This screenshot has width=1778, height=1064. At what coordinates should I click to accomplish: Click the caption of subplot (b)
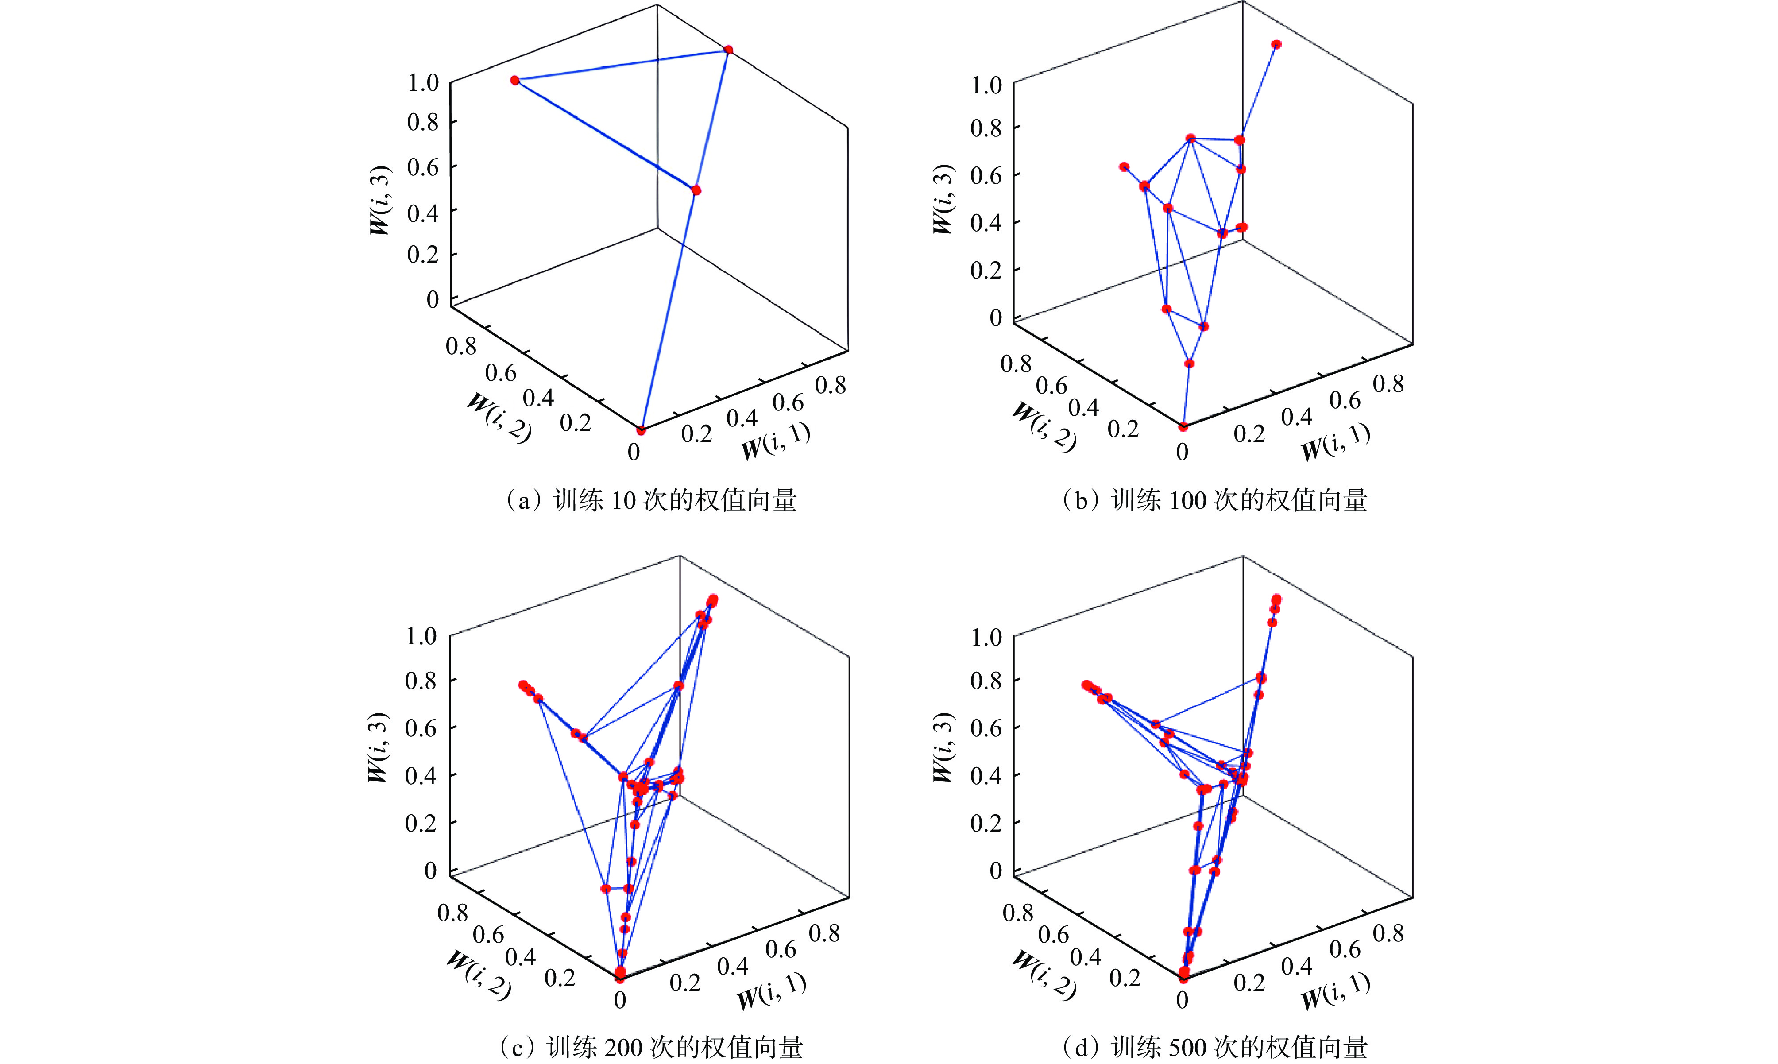1214,500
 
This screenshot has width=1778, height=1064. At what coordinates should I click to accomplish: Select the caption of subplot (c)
651,1048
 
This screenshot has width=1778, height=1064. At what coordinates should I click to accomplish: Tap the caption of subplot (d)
1214,1048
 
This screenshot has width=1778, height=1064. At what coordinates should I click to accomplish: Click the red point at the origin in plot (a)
641,430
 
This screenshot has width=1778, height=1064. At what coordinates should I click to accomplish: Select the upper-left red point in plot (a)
515,80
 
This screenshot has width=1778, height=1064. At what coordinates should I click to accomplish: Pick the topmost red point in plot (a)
728,50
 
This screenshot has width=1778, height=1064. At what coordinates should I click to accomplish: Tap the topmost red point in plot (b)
1276,44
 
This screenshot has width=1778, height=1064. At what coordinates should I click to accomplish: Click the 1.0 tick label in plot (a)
423,82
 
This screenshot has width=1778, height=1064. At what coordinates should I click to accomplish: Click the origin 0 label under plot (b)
1182,453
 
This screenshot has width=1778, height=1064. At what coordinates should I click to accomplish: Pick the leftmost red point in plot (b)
1124,167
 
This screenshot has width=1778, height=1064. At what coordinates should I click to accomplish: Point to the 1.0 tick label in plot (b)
986,85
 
